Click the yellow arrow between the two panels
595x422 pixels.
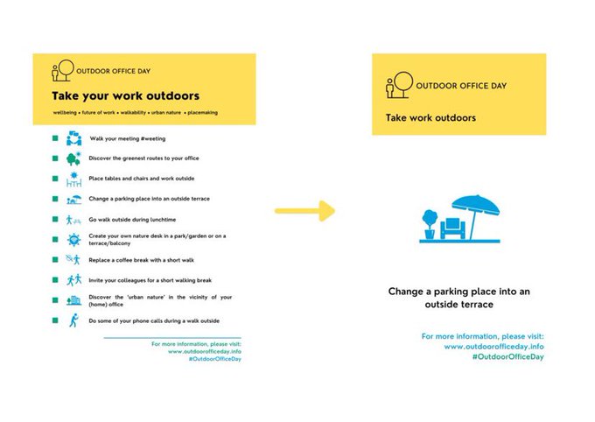[x=304, y=211]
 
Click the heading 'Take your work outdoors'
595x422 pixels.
[x=125, y=95]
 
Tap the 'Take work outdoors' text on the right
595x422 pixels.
[x=431, y=117]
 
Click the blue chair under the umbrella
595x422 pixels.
[x=453, y=229]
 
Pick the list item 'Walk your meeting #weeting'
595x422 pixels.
[x=128, y=138]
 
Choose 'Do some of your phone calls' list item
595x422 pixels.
[x=154, y=321]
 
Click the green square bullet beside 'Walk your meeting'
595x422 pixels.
[x=54, y=138]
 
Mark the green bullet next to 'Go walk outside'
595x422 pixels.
[x=54, y=220]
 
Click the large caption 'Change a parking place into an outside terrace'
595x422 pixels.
[x=459, y=298]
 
